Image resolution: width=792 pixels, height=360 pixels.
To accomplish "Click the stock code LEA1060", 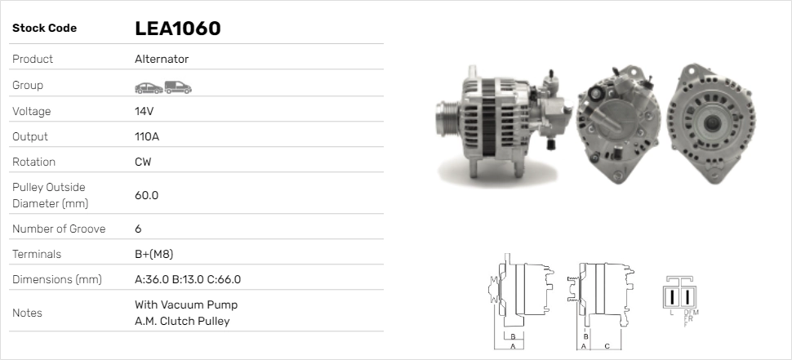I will click(x=177, y=29).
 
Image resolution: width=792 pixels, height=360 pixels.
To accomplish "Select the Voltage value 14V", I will click(x=145, y=111).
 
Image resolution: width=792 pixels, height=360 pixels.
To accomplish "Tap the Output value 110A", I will click(x=147, y=136).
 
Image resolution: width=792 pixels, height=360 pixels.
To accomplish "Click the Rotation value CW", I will click(x=143, y=162).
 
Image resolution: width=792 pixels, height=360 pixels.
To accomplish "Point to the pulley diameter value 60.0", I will click(x=146, y=195).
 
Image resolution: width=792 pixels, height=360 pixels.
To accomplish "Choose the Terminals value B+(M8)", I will click(x=154, y=254).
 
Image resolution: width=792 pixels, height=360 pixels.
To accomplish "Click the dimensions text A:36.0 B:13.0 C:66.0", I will click(x=187, y=279).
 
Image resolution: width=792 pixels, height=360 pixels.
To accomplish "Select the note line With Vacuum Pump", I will click(x=186, y=305).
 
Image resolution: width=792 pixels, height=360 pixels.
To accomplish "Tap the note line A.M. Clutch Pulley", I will click(x=182, y=321).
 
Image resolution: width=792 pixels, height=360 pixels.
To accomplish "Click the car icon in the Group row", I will click(x=148, y=86).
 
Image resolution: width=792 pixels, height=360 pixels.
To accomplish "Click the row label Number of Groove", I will click(x=59, y=229).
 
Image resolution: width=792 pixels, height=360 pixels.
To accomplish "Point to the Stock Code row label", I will click(x=44, y=29).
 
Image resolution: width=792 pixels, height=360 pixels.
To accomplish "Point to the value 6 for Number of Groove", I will click(x=138, y=229).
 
